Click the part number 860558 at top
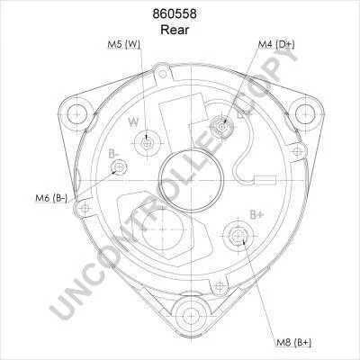175,14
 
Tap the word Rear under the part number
175,30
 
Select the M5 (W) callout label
124,44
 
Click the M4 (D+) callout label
276,44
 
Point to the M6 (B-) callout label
51,198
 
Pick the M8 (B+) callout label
294,342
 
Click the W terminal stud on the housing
147,144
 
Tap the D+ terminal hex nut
221,127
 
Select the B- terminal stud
119,166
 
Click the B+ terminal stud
238,236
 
